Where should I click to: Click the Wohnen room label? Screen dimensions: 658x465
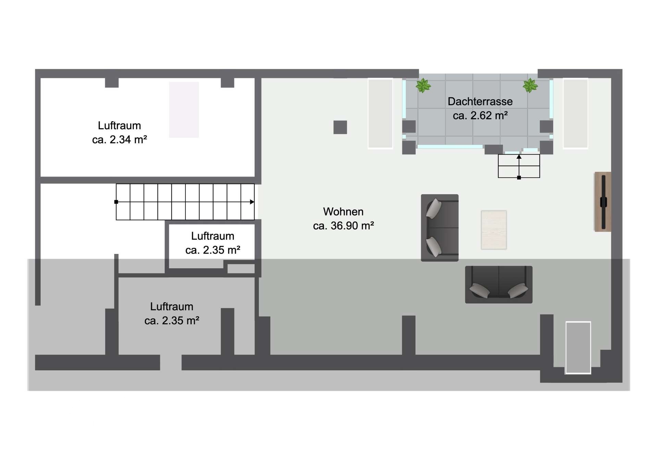343,211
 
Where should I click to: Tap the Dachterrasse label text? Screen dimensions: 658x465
480,101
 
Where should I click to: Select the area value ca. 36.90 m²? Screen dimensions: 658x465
343,226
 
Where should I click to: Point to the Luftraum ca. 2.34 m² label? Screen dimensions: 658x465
120,133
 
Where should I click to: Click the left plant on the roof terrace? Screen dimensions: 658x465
423,85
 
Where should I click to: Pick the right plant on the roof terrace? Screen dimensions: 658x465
530,85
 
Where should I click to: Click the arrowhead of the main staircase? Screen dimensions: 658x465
252,202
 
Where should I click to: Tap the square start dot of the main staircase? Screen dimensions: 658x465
116,202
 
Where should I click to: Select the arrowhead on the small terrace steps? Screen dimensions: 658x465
519,157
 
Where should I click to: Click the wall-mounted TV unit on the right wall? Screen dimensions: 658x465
603,202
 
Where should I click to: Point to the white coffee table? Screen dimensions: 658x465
494,230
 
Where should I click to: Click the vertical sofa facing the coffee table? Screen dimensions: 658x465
440,228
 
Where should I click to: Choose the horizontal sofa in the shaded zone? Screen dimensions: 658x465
499,284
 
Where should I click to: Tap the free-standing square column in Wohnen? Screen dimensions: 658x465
340,127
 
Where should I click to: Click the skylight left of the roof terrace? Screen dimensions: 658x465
380,114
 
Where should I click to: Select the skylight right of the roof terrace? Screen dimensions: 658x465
575,114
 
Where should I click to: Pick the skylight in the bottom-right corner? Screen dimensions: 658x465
578,347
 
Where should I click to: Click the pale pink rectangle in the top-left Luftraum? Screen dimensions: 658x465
184,110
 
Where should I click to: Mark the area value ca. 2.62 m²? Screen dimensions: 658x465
480,115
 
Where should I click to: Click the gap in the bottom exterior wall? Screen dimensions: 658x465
171,363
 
